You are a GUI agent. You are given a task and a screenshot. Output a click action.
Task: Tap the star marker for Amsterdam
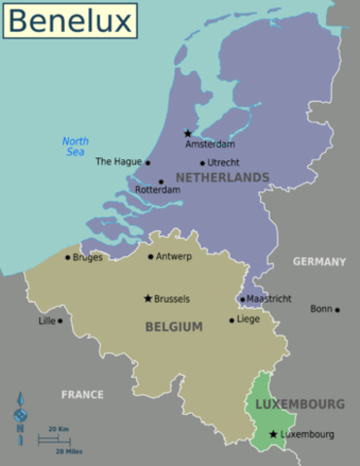[x=188, y=133]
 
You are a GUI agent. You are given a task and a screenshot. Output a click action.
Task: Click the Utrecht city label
[x=224, y=163]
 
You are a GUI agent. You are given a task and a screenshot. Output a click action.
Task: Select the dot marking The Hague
[x=147, y=163]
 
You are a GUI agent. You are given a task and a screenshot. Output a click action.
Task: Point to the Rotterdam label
[x=159, y=190]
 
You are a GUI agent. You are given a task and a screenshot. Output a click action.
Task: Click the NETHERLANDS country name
[x=222, y=178]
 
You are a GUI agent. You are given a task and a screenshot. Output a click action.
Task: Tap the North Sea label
[x=75, y=147]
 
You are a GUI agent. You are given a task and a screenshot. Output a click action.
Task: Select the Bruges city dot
[x=67, y=257]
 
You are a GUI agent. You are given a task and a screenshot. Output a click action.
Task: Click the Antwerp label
[x=174, y=256]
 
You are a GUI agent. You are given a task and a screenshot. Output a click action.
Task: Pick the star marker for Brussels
[x=147, y=299]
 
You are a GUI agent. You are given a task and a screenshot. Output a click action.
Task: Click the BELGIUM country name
[x=174, y=327]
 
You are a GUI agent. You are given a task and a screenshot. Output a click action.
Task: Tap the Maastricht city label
[x=268, y=299]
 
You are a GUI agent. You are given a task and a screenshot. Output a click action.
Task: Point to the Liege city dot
[x=231, y=318]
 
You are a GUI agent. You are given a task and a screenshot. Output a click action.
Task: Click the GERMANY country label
[x=319, y=262]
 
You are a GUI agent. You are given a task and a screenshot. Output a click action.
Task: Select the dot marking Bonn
[x=337, y=310]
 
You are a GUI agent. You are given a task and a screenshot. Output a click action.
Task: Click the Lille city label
[x=47, y=320]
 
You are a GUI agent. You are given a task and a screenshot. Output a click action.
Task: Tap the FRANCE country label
[x=82, y=395]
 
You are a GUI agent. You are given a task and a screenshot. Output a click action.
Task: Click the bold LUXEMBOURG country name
[x=300, y=403]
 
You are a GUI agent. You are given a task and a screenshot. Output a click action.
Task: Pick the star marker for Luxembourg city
[x=274, y=434]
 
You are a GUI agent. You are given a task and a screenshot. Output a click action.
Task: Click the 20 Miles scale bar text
[x=67, y=451]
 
